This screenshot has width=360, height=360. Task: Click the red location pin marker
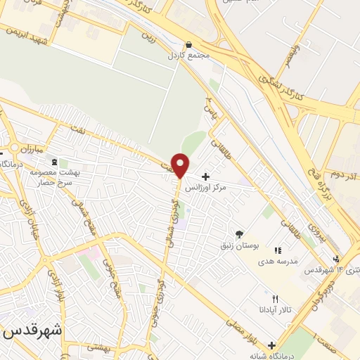click(180, 165)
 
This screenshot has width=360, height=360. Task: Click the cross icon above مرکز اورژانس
click(205, 176)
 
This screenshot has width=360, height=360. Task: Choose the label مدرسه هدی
click(278, 261)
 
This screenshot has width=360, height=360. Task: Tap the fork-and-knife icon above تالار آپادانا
click(265, 299)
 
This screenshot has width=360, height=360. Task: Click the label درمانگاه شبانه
click(270, 356)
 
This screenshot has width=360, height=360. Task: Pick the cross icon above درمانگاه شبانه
click(271, 345)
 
